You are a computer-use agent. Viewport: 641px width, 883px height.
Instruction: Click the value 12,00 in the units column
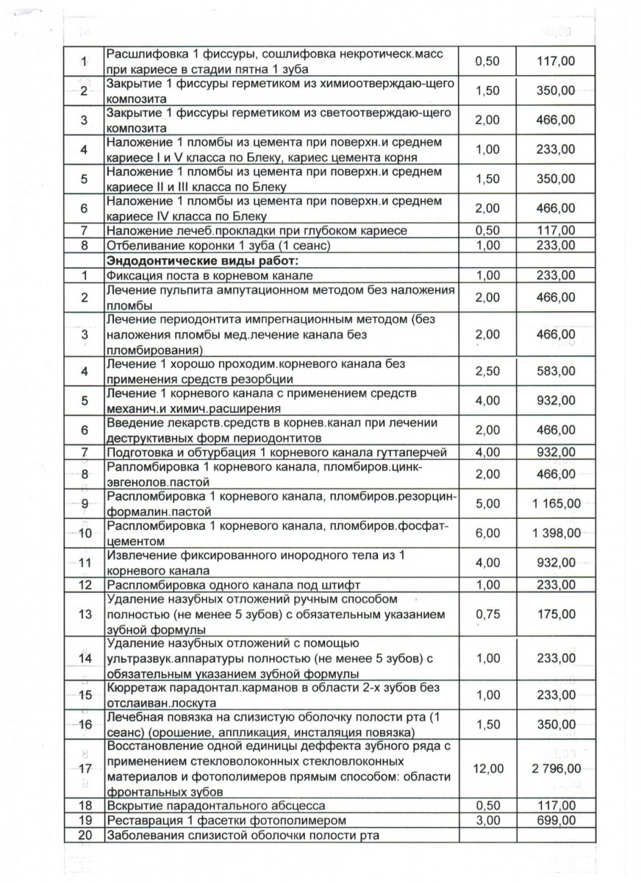pos(488,769)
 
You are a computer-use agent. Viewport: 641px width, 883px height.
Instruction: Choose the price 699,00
pos(556,820)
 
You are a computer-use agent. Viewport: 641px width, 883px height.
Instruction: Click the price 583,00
pos(556,371)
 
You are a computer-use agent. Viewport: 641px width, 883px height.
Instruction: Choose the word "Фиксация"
pos(135,275)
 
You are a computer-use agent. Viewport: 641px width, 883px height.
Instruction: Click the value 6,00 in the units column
pos(488,533)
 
